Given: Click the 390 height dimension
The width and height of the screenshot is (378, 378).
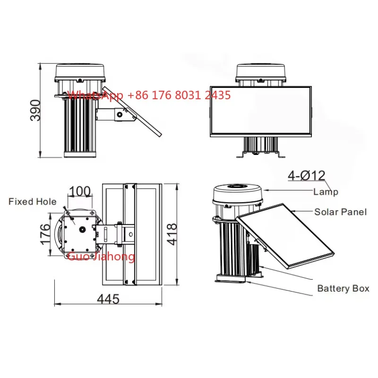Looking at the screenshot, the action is [35, 110].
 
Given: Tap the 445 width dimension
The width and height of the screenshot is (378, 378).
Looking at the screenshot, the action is [108, 299].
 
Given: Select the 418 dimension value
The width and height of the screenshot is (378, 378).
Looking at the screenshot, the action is [172, 234].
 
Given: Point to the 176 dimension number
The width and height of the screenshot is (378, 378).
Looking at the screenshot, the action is [45, 234].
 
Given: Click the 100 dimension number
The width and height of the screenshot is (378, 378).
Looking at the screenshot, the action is [80, 191].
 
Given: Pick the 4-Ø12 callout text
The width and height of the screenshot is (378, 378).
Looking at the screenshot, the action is [306, 175].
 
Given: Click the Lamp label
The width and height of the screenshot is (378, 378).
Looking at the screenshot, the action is [326, 192].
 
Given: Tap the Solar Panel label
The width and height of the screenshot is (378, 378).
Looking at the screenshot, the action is [340, 212].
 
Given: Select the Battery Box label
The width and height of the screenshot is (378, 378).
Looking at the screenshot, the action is [344, 288].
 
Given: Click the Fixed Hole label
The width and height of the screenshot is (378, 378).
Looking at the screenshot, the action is [33, 202].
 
